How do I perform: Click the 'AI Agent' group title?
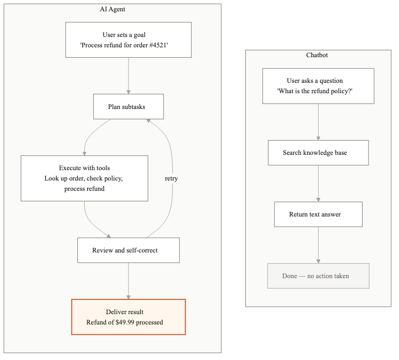112,9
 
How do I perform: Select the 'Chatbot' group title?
317,55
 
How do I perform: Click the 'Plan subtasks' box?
129,107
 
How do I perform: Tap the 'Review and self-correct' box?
129,250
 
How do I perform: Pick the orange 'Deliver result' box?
129,317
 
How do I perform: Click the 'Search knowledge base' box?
318,153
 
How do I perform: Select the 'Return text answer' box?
318,214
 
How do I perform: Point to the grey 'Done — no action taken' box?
318,276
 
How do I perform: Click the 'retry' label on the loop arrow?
171,179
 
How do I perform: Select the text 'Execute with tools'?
84,168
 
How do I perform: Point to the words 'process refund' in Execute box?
84,188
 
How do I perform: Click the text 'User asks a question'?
314,80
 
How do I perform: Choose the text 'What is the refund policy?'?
318,91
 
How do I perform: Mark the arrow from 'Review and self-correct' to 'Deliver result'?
129,280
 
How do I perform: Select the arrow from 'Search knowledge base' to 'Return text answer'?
318,182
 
